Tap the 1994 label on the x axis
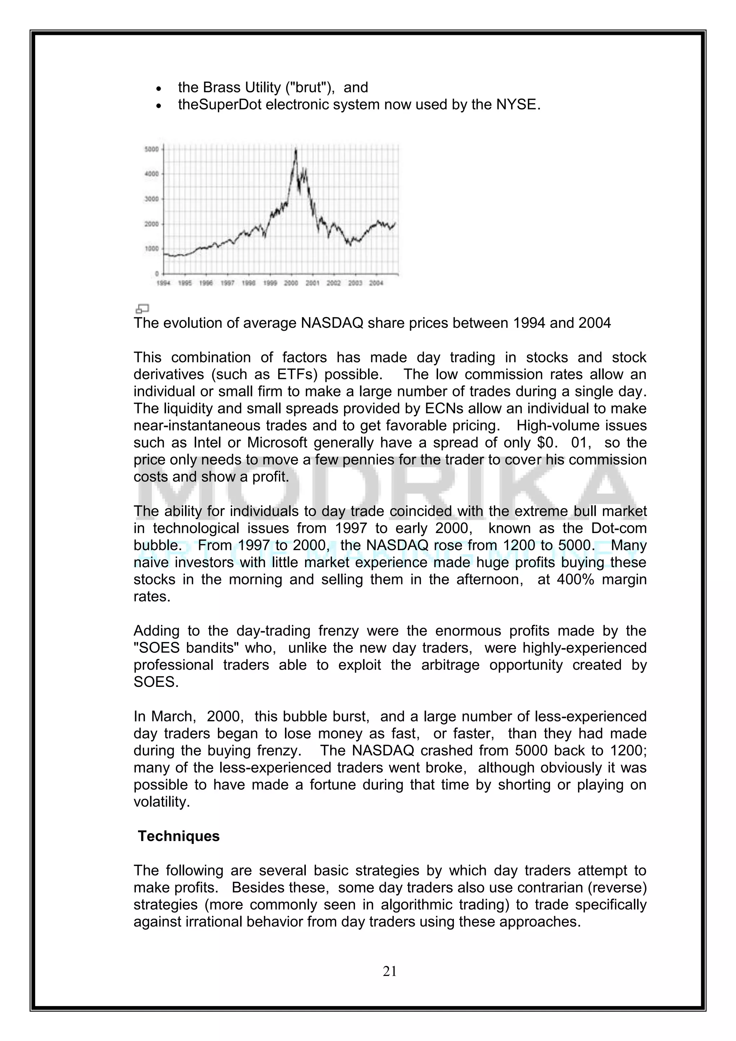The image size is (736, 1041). [163, 283]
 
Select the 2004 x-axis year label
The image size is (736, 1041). [376, 283]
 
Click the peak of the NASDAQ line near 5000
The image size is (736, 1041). [296, 150]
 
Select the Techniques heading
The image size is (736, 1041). [179, 836]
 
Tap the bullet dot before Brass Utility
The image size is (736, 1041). [158, 88]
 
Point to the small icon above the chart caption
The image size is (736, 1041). [142, 309]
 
